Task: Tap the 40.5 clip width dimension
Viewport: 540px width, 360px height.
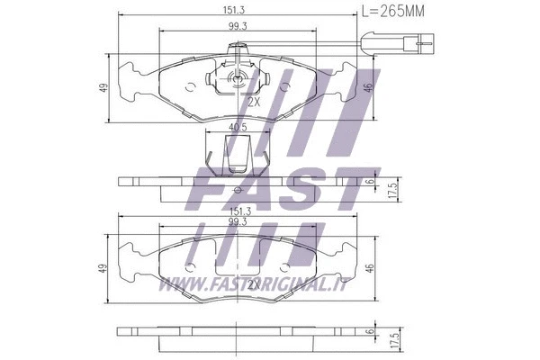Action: pyautogui.click(x=238, y=127)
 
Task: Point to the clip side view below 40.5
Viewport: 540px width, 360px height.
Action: pyautogui.click(x=237, y=153)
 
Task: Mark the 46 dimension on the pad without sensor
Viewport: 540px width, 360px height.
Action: pyautogui.click(x=369, y=267)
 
